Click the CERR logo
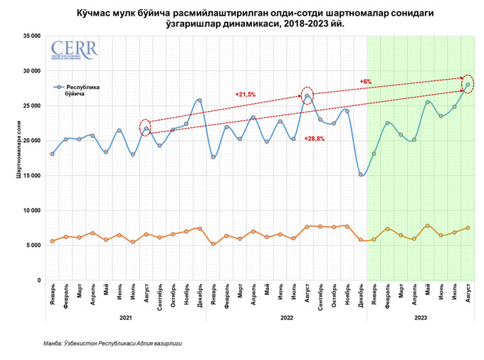tap(74, 51)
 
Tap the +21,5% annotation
tap(246, 95)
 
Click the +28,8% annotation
tap(315, 138)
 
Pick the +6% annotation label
tap(366, 82)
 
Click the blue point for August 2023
tap(468, 85)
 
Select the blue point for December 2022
tap(361, 174)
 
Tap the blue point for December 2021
tap(199, 100)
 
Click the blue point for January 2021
tap(52, 154)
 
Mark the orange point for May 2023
tap(428, 226)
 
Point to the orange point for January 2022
tap(213, 244)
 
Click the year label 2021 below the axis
tap(125, 317)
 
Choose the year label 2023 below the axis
tap(421, 317)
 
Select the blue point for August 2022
tap(307, 96)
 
